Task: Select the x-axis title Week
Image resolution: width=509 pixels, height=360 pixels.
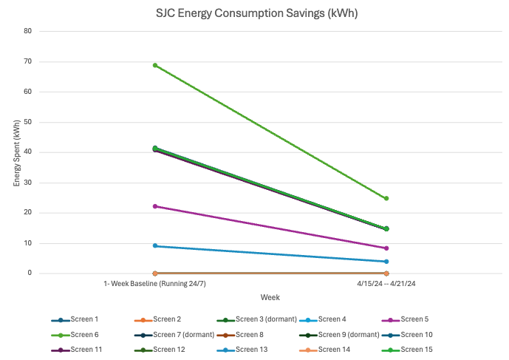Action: point(270,297)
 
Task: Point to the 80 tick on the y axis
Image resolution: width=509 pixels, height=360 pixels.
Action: point(27,31)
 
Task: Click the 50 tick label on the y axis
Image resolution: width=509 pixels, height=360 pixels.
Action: point(27,122)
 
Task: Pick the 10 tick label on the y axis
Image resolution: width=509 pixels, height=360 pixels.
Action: point(27,243)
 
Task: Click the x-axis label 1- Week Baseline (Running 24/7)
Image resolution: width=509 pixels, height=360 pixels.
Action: point(154,284)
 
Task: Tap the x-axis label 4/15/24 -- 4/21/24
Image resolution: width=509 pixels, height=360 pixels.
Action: point(386,284)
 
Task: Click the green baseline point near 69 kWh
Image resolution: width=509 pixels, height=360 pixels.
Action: point(155,65)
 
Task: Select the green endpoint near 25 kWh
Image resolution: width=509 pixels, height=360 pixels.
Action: point(386,198)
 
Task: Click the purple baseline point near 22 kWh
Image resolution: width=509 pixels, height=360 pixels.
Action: point(155,206)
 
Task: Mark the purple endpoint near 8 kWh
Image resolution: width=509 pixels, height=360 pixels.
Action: point(386,248)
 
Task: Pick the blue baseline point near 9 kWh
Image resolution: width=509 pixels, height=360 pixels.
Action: point(155,245)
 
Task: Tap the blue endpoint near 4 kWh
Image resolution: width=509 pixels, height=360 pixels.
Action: point(386,261)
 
